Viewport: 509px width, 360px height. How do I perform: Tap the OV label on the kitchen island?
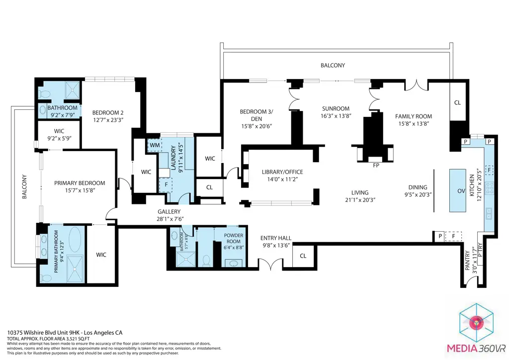461,191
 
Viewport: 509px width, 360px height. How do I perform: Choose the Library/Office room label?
282,172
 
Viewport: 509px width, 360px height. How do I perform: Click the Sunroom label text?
336,108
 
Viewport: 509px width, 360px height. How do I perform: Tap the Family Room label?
412,116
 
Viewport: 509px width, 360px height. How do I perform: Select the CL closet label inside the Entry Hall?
303,256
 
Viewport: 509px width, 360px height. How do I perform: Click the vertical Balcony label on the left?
23,186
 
